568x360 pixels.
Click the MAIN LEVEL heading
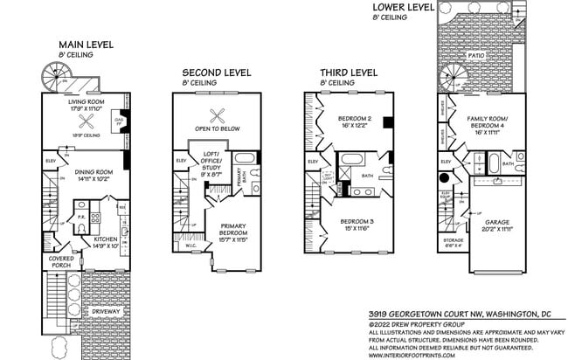tap(86, 45)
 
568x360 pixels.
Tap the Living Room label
tap(86, 101)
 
